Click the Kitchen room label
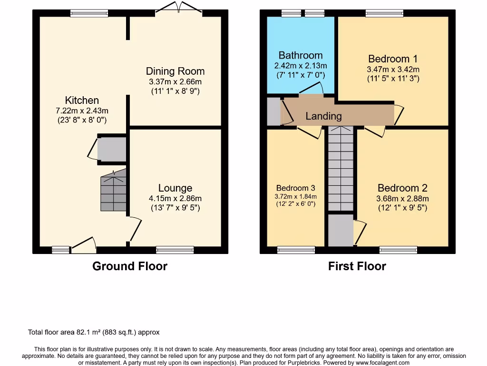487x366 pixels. click(82, 100)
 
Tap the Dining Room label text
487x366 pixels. click(175, 71)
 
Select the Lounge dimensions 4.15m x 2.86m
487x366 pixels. click(175, 198)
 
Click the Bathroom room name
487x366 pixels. click(301, 55)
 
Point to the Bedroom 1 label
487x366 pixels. click(393, 59)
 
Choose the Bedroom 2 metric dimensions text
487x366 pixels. click(402, 199)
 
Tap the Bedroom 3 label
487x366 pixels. click(296, 188)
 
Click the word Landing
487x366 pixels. click(323, 116)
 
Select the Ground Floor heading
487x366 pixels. click(130, 266)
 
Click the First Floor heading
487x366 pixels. click(357, 266)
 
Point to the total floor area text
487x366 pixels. click(94, 332)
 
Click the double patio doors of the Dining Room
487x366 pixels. click(179, 8)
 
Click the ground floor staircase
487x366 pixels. click(113, 191)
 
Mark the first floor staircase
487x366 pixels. click(341, 168)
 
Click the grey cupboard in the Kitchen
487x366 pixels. click(112, 149)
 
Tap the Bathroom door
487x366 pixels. click(311, 88)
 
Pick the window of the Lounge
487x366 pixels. click(175, 250)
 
